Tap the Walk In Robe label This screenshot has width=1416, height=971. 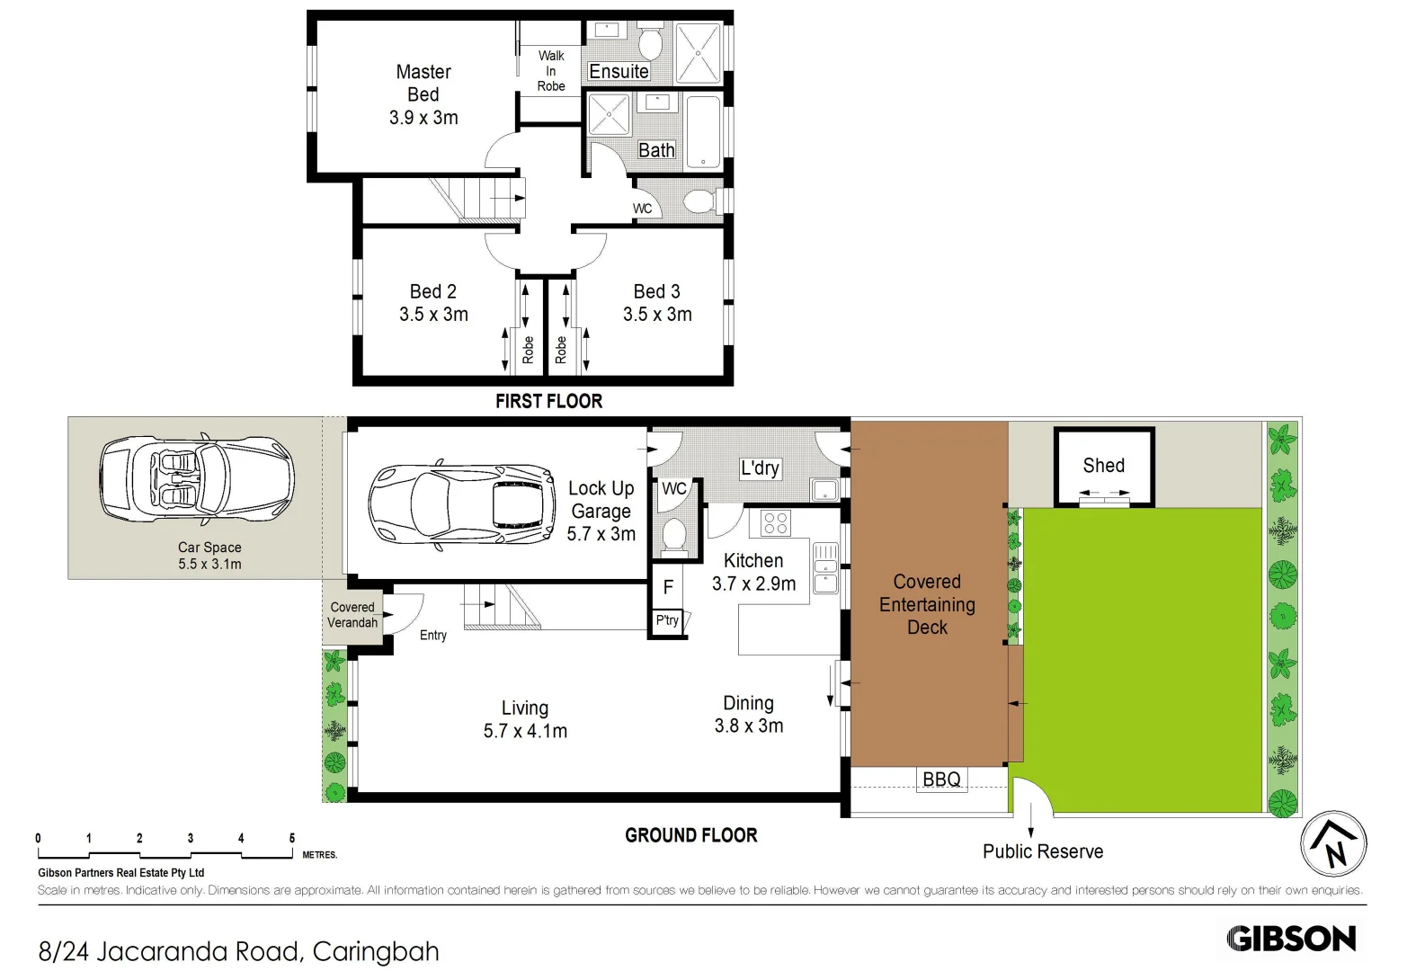coord(551,71)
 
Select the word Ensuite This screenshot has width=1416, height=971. coord(619,72)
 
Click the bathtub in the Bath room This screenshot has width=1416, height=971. coord(702,131)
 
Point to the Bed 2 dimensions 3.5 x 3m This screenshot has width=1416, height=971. coord(433,315)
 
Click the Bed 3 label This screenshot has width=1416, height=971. coord(656,291)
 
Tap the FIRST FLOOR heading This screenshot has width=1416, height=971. coord(548,401)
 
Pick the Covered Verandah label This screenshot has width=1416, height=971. coord(352,615)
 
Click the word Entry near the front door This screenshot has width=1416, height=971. coord(432,636)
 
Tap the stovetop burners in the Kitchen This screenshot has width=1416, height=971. coord(775,522)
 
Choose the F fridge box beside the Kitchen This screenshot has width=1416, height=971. coord(668,587)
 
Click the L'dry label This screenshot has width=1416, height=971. coord(760,468)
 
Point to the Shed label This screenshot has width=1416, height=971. coord(1103,466)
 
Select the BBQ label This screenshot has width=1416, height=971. coord(941,779)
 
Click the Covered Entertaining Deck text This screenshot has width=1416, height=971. coord(927,604)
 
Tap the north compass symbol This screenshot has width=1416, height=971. coord(1333,843)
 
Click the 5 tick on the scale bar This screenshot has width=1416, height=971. coord(292,839)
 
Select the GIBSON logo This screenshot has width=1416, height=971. coord(1291,939)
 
